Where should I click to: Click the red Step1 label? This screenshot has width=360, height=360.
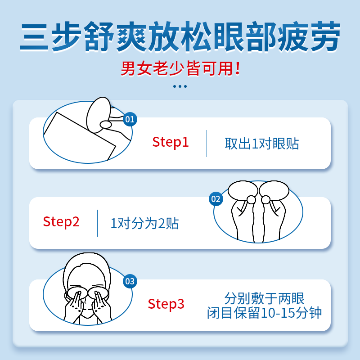point(171,142)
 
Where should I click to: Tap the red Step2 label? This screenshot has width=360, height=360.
point(61,221)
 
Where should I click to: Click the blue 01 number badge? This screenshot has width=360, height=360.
point(130,119)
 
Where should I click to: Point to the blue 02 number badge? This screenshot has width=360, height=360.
point(216,199)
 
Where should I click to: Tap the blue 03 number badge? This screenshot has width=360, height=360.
point(130,282)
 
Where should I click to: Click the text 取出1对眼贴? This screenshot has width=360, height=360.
point(262,144)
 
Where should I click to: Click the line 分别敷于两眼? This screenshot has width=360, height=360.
point(265,298)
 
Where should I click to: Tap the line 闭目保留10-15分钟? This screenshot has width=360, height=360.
point(265,313)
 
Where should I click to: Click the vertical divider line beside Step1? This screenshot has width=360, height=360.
point(207,144)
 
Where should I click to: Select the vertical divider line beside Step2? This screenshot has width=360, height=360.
point(97,223)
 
